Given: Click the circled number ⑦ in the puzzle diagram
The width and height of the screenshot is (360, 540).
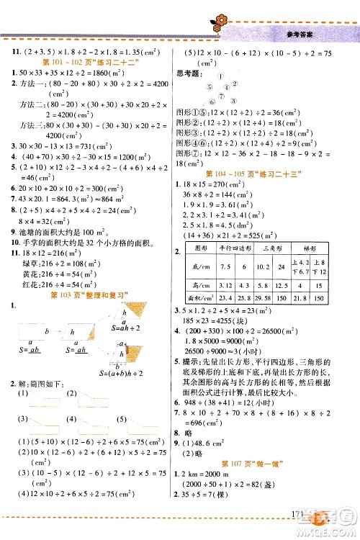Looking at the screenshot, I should click(x=215, y=102).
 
